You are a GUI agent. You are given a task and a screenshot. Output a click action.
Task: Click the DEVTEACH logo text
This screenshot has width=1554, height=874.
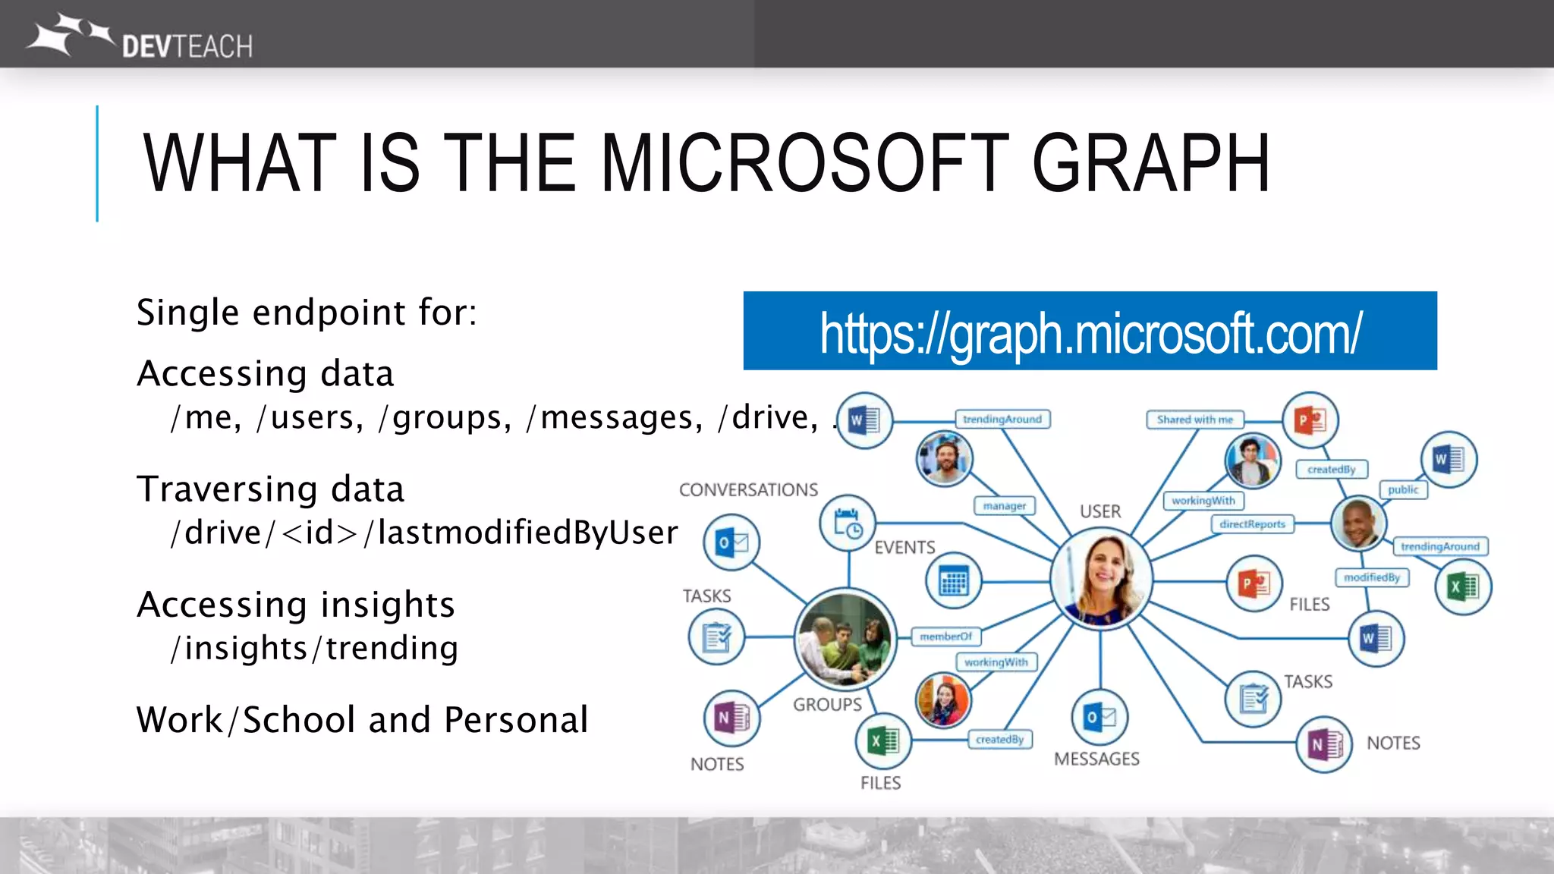tap(187, 47)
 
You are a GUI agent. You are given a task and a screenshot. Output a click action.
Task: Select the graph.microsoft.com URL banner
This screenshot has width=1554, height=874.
tap(1090, 332)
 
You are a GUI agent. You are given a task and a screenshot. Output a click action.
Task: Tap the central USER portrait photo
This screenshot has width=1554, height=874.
tap(1101, 579)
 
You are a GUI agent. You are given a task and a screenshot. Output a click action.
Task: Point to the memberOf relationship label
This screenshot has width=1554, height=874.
tap(945, 637)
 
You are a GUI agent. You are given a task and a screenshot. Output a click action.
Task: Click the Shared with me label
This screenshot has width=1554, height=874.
tap(1194, 420)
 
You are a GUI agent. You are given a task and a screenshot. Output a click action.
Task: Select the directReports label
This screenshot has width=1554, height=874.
tap(1252, 524)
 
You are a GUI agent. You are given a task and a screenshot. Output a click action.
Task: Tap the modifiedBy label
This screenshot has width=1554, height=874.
tap(1371, 577)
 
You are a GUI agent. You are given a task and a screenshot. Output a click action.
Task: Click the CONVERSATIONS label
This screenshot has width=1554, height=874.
tap(748, 490)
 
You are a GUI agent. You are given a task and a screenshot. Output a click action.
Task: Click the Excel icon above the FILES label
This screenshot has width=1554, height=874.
tap(882, 740)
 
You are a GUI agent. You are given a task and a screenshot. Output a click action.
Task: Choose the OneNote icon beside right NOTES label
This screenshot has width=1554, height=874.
tap(1324, 745)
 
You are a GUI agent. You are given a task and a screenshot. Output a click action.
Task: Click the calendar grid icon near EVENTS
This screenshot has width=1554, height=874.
tap(953, 582)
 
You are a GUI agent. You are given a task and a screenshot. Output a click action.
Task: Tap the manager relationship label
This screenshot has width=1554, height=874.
tap(1004, 506)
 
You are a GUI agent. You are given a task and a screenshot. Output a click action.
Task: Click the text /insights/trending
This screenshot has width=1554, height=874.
tap(314, 649)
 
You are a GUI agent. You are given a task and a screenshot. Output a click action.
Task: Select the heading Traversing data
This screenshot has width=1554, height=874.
tap(270, 489)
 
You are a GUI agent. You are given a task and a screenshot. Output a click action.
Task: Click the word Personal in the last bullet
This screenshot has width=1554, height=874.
tap(516, 720)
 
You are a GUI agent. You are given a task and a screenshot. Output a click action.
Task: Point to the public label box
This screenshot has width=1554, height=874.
tap(1403, 490)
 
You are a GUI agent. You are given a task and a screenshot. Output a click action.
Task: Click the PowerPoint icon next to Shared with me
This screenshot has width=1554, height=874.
tap(1310, 420)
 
